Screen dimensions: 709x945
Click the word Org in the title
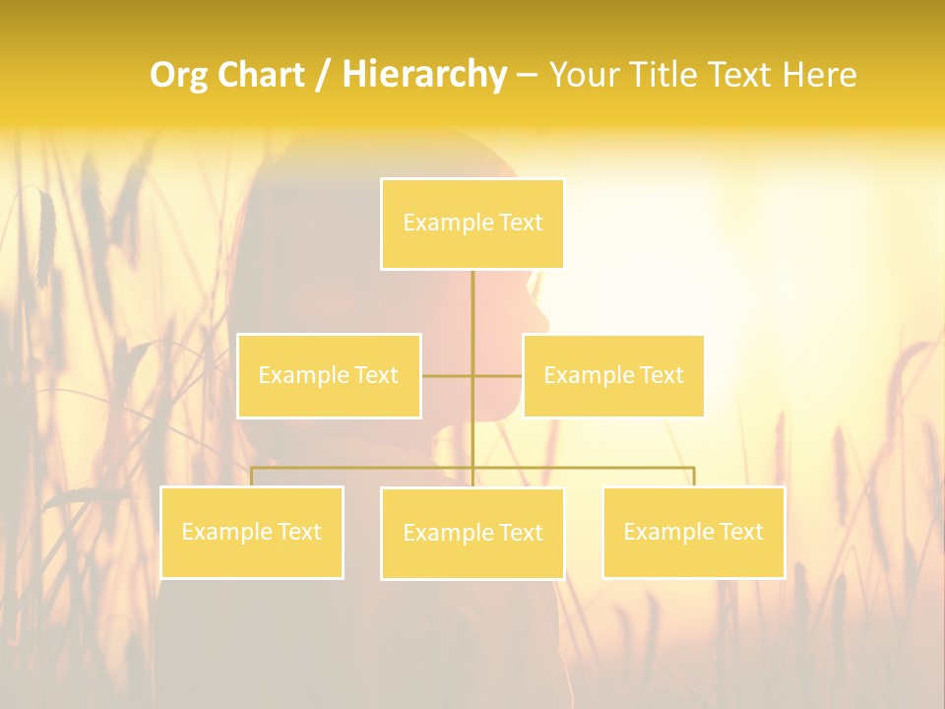click(x=179, y=75)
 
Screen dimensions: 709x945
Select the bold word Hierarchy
click(x=423, y=75)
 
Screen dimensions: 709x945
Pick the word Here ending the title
click(x=819, y=75)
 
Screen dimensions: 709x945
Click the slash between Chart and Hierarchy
click(x=324, y=76)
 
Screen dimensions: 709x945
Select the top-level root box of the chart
click(x=472, y=224)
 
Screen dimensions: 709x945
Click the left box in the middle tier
click(x=329, y=375)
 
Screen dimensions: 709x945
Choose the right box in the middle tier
click(x=613, y=375)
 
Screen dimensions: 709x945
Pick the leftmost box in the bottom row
click(x=252, y=532)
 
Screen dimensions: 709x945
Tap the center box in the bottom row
click(x=472, y=533)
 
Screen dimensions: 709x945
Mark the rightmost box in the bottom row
click(x=693, y=532)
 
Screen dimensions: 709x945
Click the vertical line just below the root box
click(x=472, y=305)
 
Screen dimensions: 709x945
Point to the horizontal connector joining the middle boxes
click(x=448, y=375)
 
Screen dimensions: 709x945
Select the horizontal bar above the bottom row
click(x=591, y=468)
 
